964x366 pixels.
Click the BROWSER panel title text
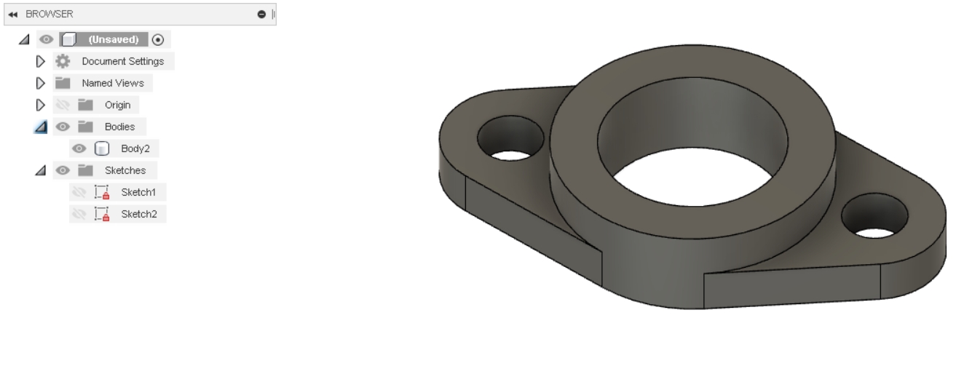click(x=49, y=15)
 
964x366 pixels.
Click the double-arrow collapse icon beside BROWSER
click(x=13, y=15)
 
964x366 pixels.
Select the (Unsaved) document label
click(x=114, y=39)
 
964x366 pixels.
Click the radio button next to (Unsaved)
click(x=158, y=40)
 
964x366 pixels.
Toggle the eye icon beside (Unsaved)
click(x=46, y=39)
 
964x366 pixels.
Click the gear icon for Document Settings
click(x=63, y=62)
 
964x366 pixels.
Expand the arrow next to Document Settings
click(x=40, y=62)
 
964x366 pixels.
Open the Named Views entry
click(x=113, y=83)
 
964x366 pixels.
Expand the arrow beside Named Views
click(x=40, y=83)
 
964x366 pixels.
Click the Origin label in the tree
click(x=117, y=105)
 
